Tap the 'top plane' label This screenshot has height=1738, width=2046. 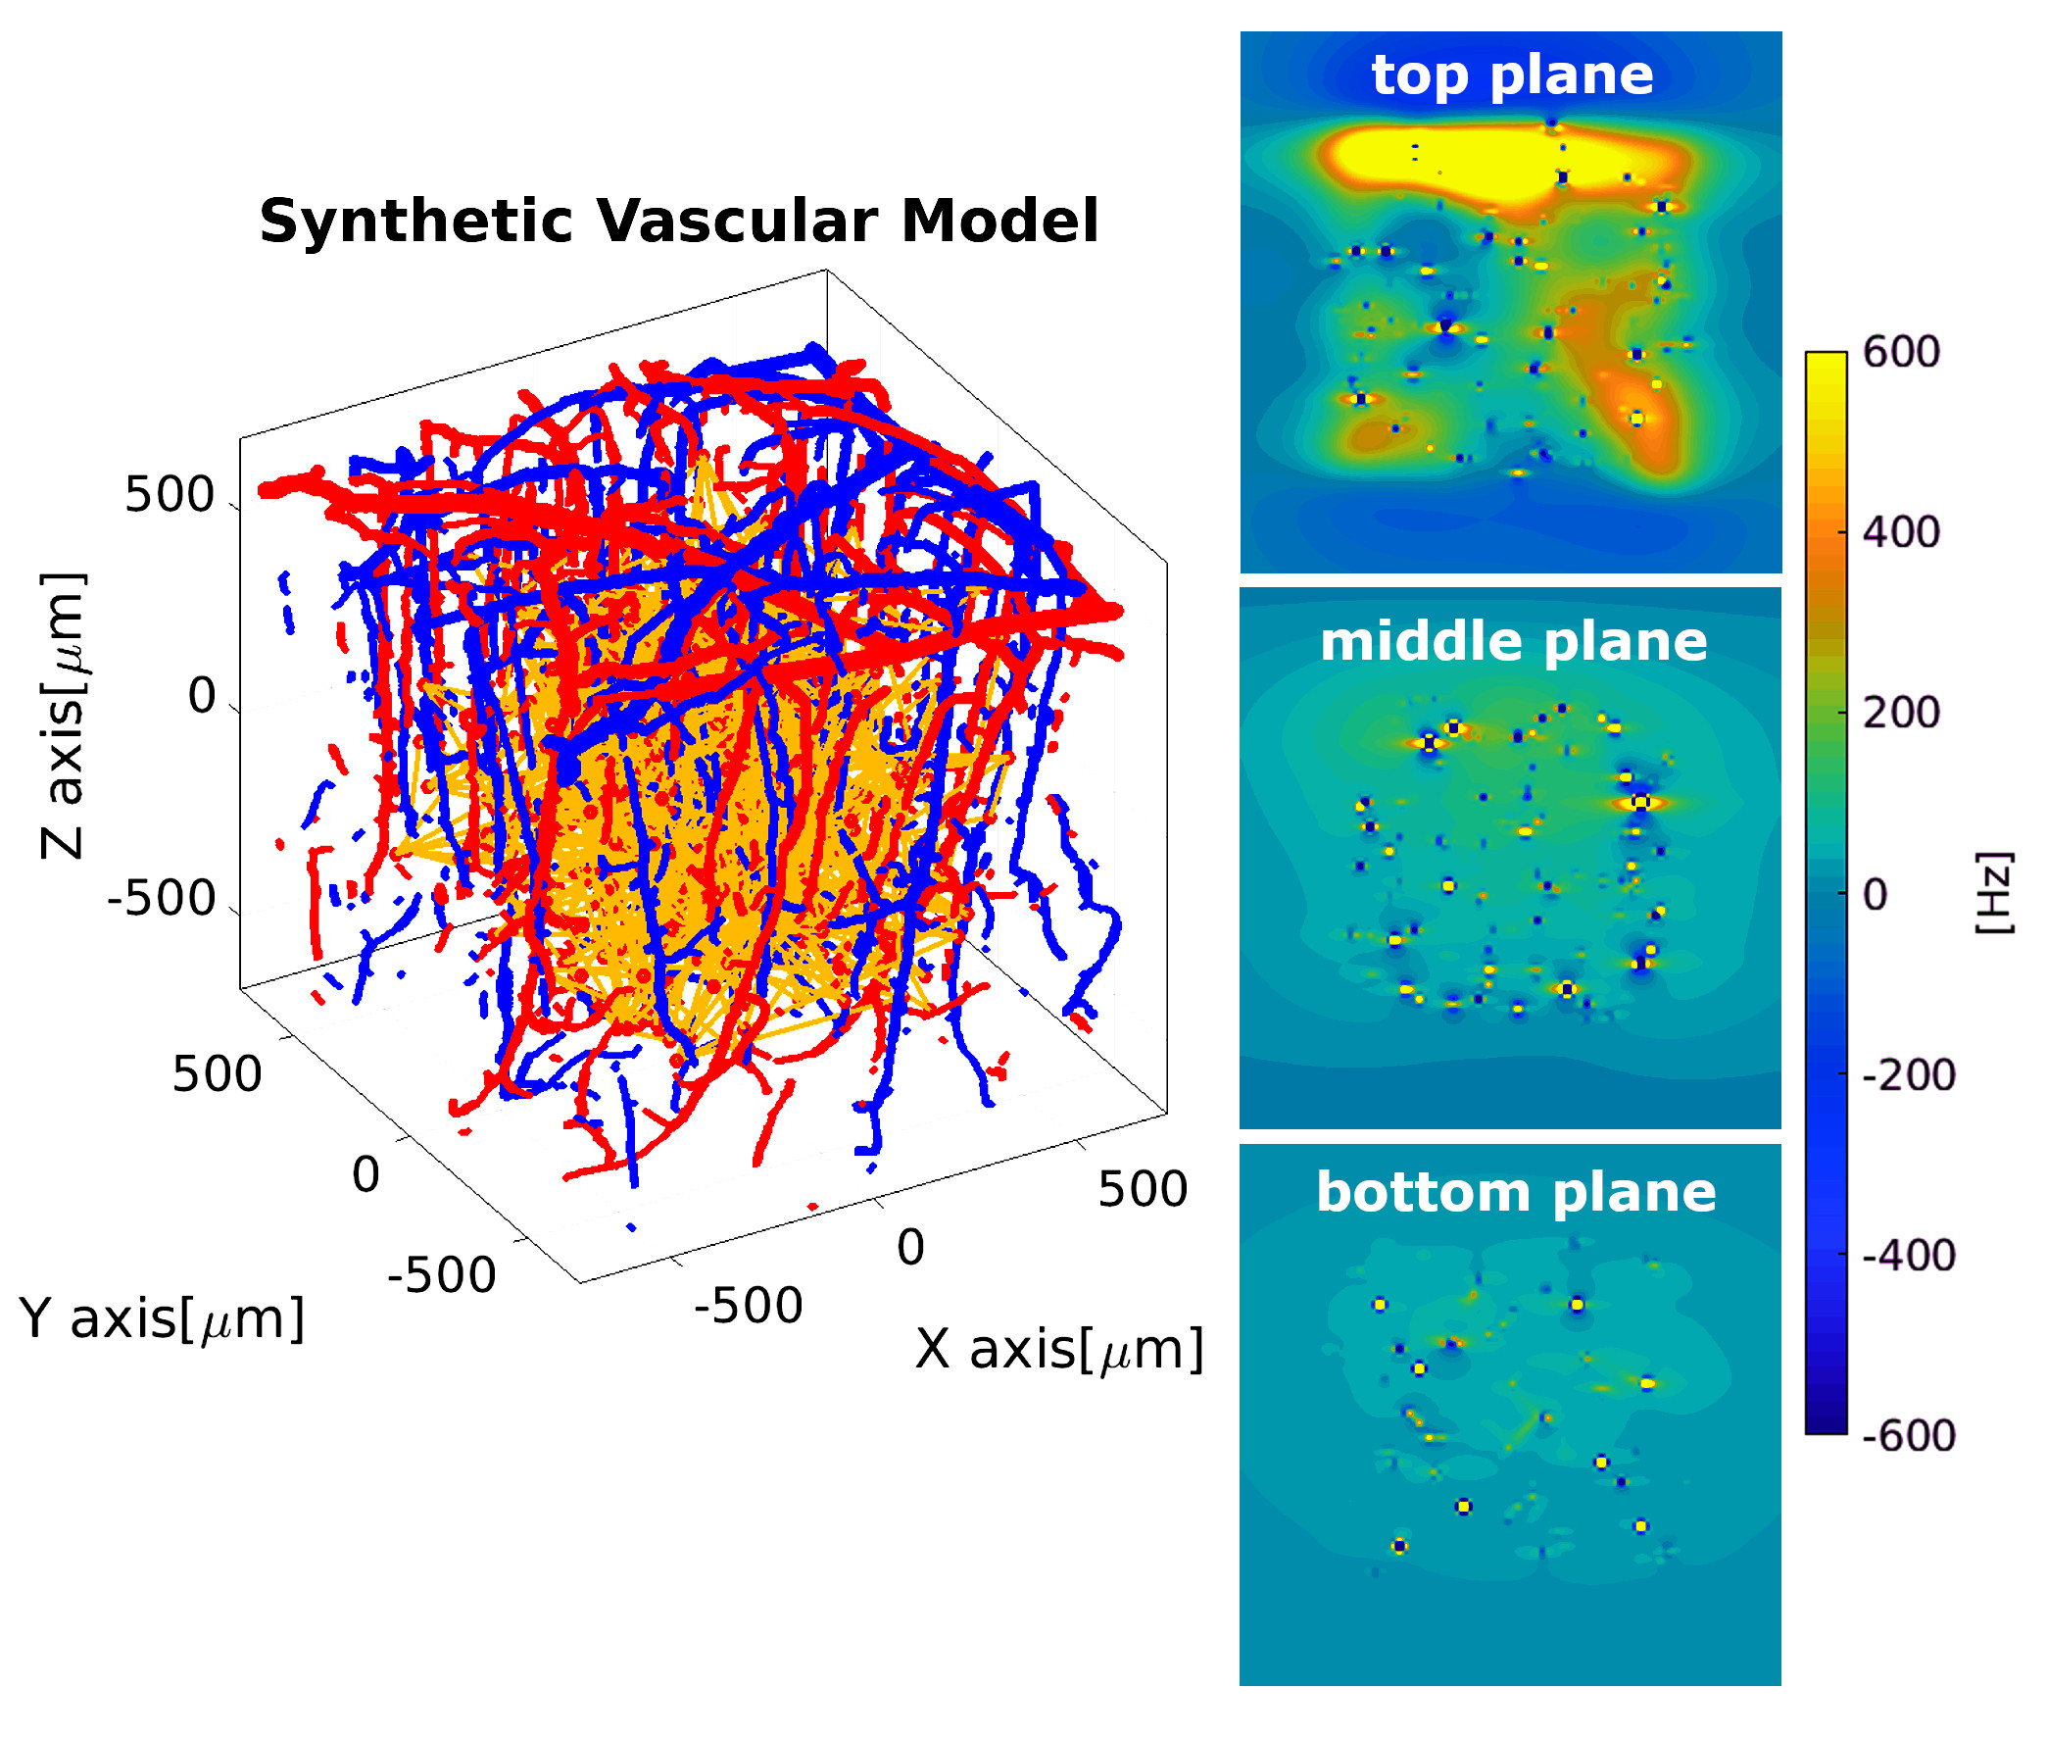coord(1511,74)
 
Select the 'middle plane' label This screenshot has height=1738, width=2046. coord(1512,641)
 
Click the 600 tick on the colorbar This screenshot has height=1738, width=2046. coord(1900,352)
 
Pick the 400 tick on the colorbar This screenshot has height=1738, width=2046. coord(1900,532)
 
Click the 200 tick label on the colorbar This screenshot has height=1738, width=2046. coord(1900,713)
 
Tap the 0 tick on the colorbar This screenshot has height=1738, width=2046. coord(1875,895)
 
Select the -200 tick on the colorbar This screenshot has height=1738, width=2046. coord(1907,1075)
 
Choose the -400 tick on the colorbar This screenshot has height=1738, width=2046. coord(1907,1255)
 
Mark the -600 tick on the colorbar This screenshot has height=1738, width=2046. coord(1907,1435)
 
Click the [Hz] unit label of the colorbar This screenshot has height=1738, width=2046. coord(1994,893)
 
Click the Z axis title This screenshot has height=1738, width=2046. coord(63,715)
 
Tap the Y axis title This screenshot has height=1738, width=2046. coord(162,1318)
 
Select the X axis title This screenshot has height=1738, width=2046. coord(1058,1349)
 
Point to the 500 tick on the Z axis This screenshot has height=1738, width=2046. coord(169,495)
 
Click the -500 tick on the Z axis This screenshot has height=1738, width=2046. coord(161,899)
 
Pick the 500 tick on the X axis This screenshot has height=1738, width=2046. coord(1142,1189)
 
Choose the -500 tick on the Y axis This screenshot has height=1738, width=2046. coord(441,1275)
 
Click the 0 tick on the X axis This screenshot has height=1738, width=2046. coord(910,1247)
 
